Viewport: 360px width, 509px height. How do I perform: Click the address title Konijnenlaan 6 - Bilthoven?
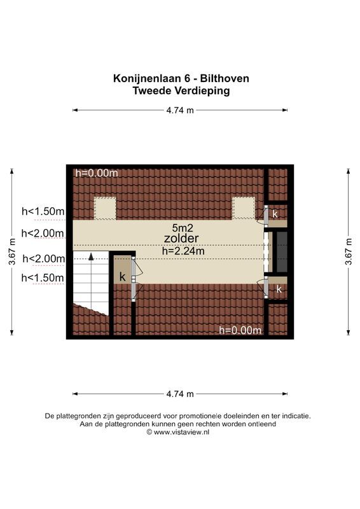(x=181, y=79)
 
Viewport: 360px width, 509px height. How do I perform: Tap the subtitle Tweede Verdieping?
(x=181, y=91)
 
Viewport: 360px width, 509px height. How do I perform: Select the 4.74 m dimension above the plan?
(x=180, y=110)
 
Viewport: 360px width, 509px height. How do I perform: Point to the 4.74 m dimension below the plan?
(x=180, y=394)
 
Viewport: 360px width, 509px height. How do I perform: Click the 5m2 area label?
(x=181, y=227)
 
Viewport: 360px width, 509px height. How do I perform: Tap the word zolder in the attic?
(x=181, y=239)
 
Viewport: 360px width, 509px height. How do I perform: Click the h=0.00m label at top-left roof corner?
(x=97, y=172)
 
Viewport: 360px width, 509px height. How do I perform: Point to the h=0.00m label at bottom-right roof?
(x=240, y=330)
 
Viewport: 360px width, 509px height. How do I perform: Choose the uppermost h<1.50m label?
(x=43, y=211)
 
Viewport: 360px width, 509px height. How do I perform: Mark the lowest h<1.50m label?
(x=43, y=278)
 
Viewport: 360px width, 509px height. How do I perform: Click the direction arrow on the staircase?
(x=92, y=257)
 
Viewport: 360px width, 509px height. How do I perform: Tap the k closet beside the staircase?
(x=122, y=277)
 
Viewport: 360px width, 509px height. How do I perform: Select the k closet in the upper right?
(x=275, y=214)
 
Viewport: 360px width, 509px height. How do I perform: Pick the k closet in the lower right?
(x=278, y=289)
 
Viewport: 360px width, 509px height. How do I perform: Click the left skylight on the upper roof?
(x=105, y=207)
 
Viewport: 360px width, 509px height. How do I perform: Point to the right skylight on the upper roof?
(x=243, y=207)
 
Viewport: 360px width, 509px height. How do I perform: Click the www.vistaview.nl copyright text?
(x=181, y=431)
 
